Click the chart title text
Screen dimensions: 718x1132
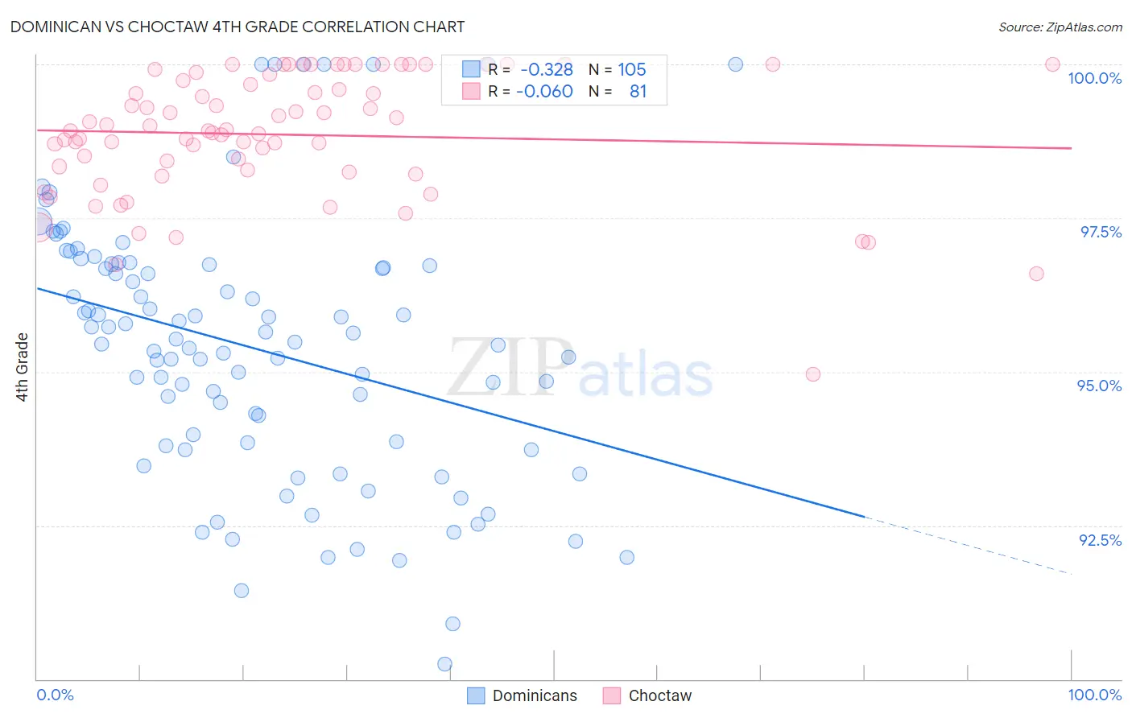pyautogui.click(x=238, y=27)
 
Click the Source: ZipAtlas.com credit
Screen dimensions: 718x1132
pyautogui.click(x=1060, y=27)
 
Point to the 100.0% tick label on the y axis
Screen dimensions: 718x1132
pyautogui.click(x=1094, y=78)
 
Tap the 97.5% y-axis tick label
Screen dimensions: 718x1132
pyautogui.click(x=1100, y=232)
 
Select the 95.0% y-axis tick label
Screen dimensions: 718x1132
pyautogui.click(x=1099, y=386)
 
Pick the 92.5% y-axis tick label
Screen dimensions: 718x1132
pyautogui.click(x=1100, y=540)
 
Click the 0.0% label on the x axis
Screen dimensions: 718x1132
pyautogui.click(x=55, y=695)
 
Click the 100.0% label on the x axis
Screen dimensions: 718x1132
pyautogui.click(x=1094, y=695)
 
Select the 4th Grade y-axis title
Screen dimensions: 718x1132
pyautogui.click(x=22, y=367)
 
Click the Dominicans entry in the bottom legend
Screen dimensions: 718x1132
pyautogui.click(x=534, y=695)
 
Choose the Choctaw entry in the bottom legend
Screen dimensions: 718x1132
pyautogui.click(x=659, y=695)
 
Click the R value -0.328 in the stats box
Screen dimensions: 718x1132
pyautogui.click(x=547, y=69)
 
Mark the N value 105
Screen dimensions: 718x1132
pyautogui.click(x=632, y=69)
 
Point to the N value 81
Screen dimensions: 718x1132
pyautogui.click(x=638, y=91)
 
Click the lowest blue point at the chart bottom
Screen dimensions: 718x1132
pyautogui.click(x=444, y=664)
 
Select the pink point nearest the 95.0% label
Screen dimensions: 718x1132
pyautogui.click(x=813, y=374)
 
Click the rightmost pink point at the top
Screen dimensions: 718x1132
pyautogui.click(x=1052, y=64)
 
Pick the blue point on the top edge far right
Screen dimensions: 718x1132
pyautogui.click(x=735, y=64)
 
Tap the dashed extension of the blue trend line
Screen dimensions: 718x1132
pyautogui.click(x=966, y=545)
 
